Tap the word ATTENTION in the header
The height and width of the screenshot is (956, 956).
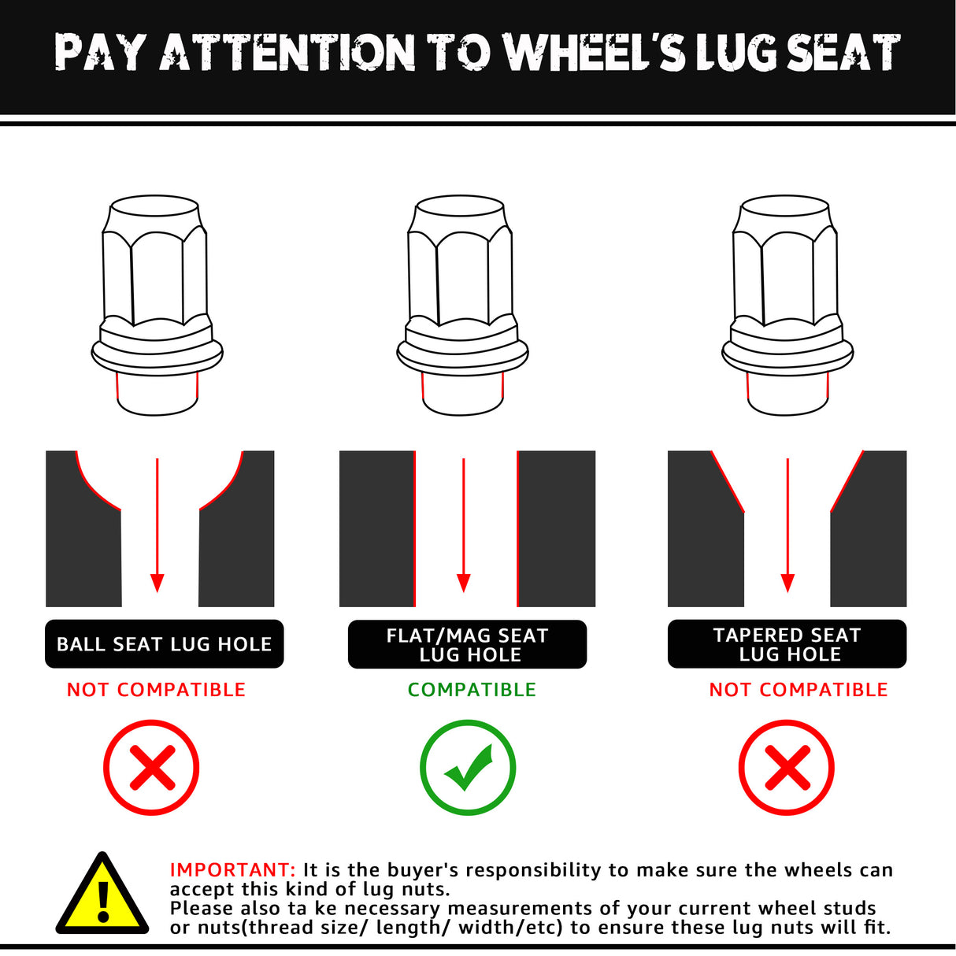tap(287, 52)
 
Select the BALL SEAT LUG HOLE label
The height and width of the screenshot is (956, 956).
tap(165, 644)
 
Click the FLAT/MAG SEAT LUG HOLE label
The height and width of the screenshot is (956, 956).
tap(467, 644)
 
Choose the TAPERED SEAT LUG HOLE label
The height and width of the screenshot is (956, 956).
tap(787, 644)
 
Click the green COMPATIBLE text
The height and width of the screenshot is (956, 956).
tap(472, 690)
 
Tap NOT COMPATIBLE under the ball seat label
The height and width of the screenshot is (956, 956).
tap(156, 690)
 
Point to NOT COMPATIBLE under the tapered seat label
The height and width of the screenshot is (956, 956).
tap(799, 690)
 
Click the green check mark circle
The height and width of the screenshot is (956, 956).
tap(468, 768)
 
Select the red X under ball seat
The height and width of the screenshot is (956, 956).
tap(151, 768)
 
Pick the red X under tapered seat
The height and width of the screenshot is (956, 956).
tap(787, 768)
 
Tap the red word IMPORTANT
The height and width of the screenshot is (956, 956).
tap(232, 870)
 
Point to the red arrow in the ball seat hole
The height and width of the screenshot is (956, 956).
tap(157, 525)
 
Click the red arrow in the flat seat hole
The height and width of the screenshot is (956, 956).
tap(463, 525)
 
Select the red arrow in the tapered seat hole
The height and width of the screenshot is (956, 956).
tap(787, 525)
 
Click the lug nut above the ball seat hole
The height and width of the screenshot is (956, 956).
tap(157, 305)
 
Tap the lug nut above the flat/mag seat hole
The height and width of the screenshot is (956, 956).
tap(462, 305)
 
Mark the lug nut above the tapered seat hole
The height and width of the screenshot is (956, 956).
tap(787, 305)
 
